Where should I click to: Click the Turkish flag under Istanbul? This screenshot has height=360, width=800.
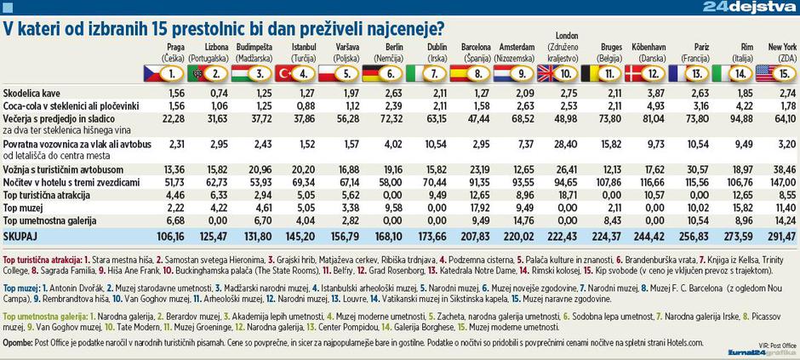point(295,73)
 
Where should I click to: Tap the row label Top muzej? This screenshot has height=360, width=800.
point(24,207)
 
